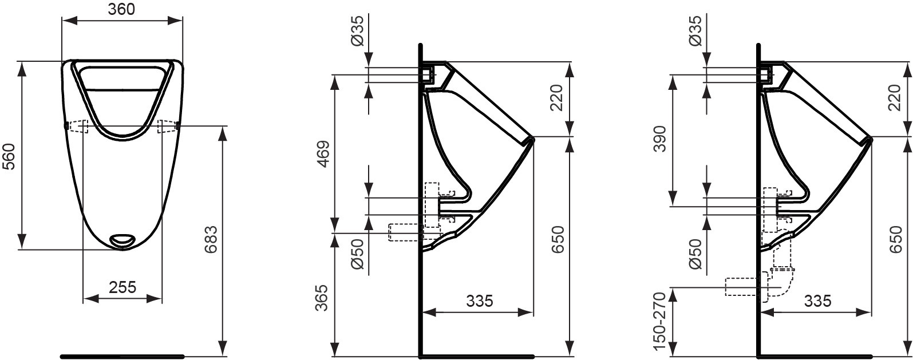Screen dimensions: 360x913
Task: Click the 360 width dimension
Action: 122,10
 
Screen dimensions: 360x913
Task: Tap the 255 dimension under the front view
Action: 122,287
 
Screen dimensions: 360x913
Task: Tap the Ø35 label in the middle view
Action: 356,31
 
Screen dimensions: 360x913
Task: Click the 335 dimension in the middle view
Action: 479,300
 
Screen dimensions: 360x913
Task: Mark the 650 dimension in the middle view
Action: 559,240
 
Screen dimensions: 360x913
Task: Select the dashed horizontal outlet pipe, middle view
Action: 405,231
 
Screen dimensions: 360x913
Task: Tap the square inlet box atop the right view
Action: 767,74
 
